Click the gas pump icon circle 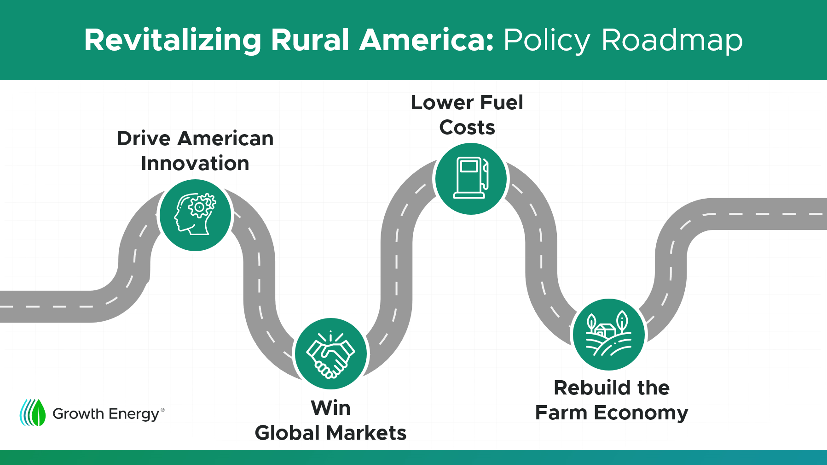coord(471,179)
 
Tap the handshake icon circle coord(331,353)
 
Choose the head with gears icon coord(195,215)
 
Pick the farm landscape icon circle coord(609,335)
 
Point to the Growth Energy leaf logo coord(33,412)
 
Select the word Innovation coord(195,163)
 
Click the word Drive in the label coord(144,138)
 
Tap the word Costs coord(467,127)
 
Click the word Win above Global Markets coord(331,408)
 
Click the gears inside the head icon coord(201,206)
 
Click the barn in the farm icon coord(605,330)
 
